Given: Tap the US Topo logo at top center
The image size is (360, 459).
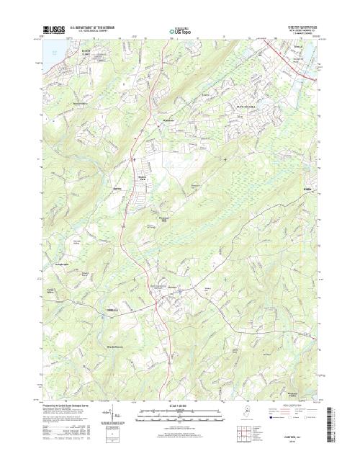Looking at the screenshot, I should (x=180, y=32).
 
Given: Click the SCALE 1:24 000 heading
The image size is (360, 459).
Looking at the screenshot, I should (x=180, y=406).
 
